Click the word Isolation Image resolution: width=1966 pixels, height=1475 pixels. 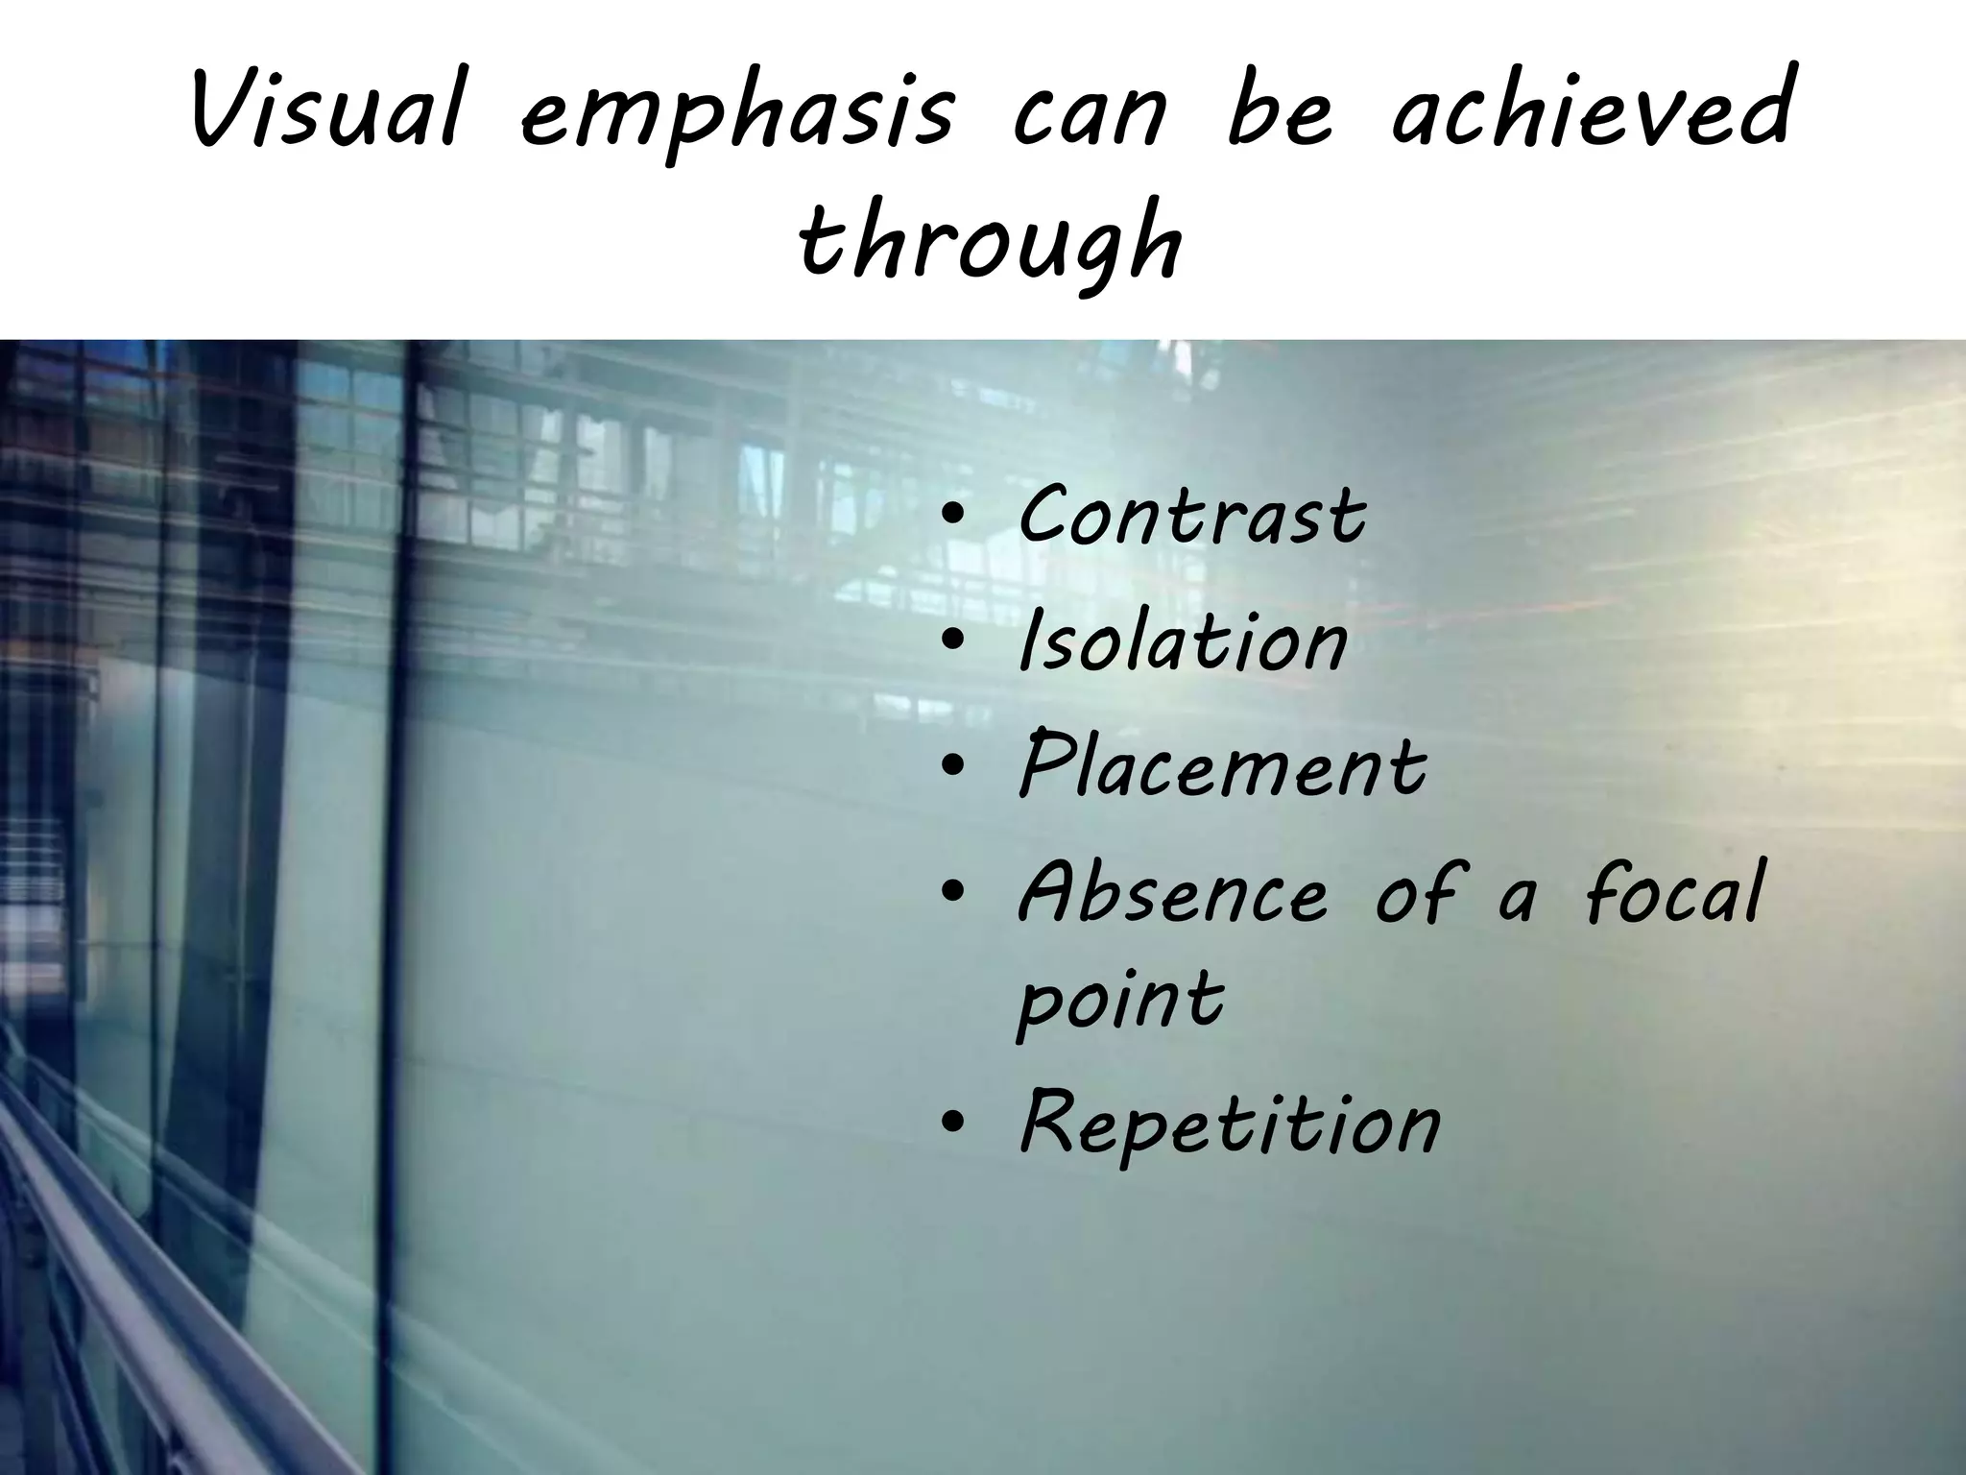coord(1183,641)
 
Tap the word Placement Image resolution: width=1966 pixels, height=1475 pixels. coord(1222,766)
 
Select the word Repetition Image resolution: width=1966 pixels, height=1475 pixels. coord(1230,1123)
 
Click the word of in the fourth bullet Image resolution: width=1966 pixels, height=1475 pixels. coord(1417,893)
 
